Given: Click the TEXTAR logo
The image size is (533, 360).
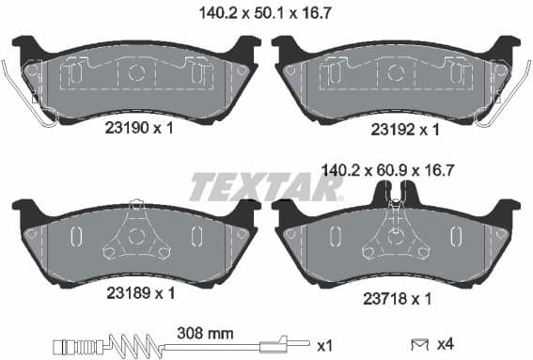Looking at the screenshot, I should point(266,188).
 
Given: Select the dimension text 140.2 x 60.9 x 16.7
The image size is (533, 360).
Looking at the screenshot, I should point(388,171).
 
